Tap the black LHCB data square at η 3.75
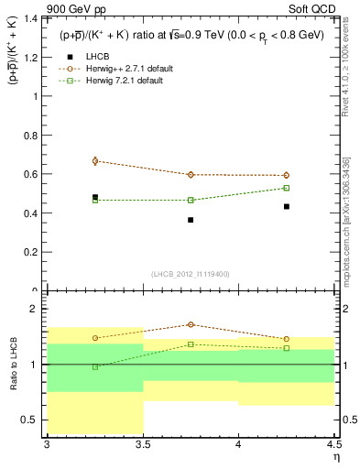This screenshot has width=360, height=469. (x=191, y=220)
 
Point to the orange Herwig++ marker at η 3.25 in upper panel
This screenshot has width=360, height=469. (x=95, y=161)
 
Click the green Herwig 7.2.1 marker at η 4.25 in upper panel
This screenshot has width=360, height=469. (x=286, y=188)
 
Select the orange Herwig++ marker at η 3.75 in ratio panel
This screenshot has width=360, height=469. (x=191, y=324)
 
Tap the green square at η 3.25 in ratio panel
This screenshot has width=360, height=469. (x=95, y=366)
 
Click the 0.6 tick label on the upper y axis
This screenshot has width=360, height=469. (x=33, y=174)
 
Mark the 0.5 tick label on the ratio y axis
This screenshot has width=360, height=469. (x=33, y=420)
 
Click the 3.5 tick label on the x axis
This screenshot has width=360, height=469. (x=143, y=445)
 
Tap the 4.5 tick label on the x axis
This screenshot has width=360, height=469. (x=333, y=445)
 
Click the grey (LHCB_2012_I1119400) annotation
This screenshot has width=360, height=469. (x=191, y=274)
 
